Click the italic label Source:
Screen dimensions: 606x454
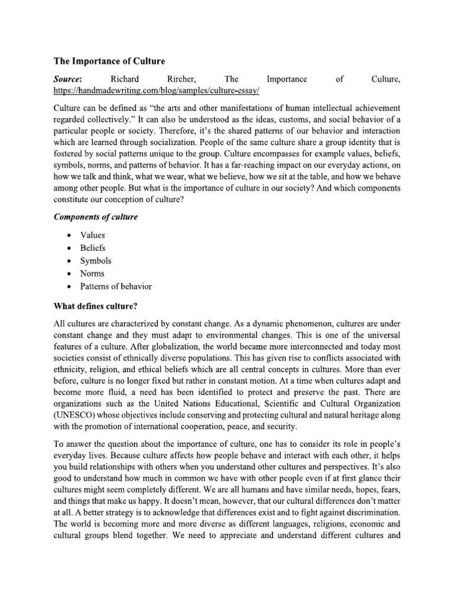[68, 78]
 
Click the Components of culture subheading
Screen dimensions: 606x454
[95, 217]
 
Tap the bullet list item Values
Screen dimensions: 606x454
[93, 235]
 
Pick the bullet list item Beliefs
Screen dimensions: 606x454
[93, 248]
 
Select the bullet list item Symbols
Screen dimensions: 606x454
[96, 261]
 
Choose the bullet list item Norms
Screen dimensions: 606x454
[93, 274]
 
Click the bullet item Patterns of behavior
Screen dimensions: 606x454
[116, 287]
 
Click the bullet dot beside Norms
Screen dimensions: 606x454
[70, 274]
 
